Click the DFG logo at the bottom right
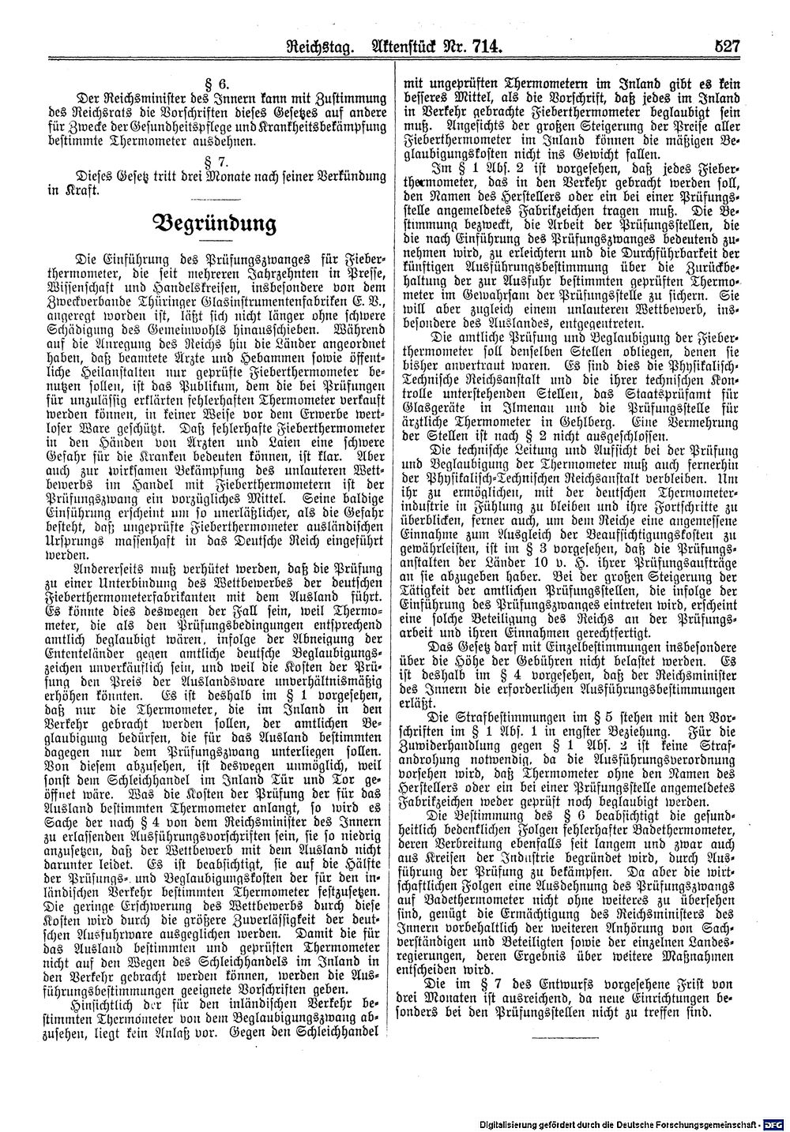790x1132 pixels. click(775, 1121)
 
